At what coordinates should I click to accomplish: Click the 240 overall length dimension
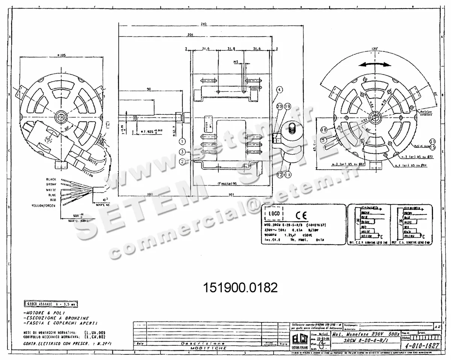(x=203, y=24)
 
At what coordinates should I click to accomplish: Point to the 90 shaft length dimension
(x=149, y=89)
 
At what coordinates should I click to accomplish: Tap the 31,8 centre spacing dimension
(x=232, y=49)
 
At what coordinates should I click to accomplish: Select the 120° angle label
(x=374, y=49)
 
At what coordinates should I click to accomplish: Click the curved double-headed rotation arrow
(x=374, y=64)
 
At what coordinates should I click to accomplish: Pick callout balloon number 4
(x=279, y=90)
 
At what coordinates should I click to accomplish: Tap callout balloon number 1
(x=182, y=142)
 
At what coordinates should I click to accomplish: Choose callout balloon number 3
(x=182, y=152)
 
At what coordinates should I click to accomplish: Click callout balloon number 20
(x=279, y=107)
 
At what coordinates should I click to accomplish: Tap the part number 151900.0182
(x=240, y=288)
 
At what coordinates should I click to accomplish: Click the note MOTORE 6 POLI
(x=44, y=313)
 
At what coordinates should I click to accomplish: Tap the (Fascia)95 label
(x=229, y=183)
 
